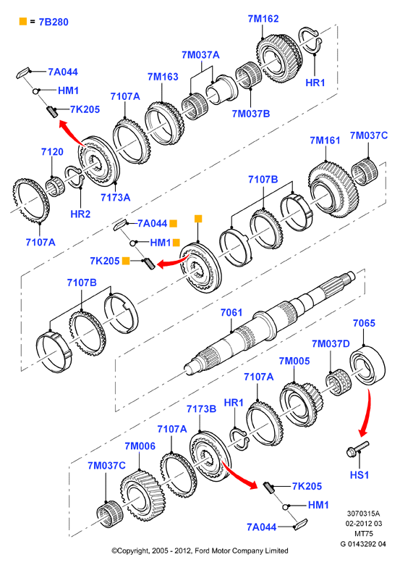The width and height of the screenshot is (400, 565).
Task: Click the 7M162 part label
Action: pyautogui.click(x=263, y=19)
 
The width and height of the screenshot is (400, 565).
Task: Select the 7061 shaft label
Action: pyautogui.click(x=231, y=312)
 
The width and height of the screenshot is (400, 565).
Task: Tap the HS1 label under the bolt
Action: pyautogui.click(x=359, y=475)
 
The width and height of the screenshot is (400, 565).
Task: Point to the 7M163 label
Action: pyautogui.click(x=163, y=77)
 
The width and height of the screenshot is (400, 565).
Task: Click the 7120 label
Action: pyautogui.click(x=52, y=152)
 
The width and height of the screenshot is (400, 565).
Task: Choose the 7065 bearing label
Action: pyautogui.click(x=364, y=323)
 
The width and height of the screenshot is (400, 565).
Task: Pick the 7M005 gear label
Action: pyautogui.click(x=294, y=361)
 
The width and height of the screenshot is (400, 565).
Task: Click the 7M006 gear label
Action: pyautogui.click(x=140, y=446)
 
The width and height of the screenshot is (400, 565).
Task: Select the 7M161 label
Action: pyautogui.click(x=325, y=141)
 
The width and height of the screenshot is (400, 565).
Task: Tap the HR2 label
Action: pyautogui.click(x=80, y=214)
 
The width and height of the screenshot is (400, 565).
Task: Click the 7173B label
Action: pyautogui.click(x=201, y=409)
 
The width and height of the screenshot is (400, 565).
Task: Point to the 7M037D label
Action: pyautogui.click(x=331, y=344)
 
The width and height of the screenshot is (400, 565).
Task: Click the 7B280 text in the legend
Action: pyautogui.click(x=54, y=22)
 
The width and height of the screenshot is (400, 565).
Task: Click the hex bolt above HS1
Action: pyautogui.click(x=358, y=448)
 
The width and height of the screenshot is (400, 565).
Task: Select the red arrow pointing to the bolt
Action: pyautogui.click(x=366, y=413)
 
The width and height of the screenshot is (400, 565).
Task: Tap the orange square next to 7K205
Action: pyautogui.click(x=126, y=261)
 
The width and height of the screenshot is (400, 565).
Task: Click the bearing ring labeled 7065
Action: pyautogui.click(x=367, y=366)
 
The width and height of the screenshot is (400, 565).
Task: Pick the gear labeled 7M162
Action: pyautogui.click(x=280, y=58)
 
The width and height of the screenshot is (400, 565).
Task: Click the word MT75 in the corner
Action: pyautogui.click(x=364, y=533)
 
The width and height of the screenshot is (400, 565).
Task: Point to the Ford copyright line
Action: pyautogui.click(x=200, y=551)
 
